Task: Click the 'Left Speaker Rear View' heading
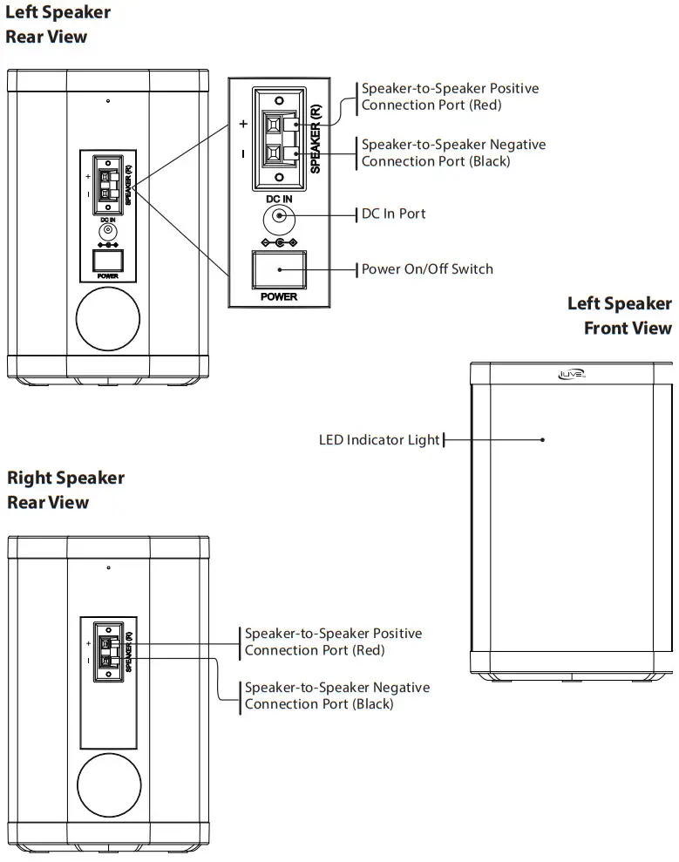(58, 24)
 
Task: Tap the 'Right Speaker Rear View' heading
(65, 490)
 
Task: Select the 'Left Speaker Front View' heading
(619, 316)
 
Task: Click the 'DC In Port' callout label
(393, 214)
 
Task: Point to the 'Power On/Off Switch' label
(427, 268)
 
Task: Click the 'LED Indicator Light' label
(379, 440)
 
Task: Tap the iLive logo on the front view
(571, 375)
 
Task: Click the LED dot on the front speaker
(542, 439)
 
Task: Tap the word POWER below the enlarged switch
(279, 296)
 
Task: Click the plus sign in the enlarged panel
(243, 124)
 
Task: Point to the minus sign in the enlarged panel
(243, 153)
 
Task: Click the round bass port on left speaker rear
(108, 319)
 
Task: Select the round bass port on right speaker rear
(108, 784)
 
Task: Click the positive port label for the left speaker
(450, 97)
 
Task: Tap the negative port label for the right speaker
(336, 696)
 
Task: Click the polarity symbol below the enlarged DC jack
(279, 241)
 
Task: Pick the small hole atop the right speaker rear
(108, 567)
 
